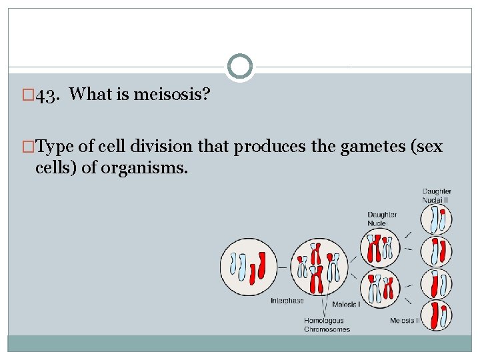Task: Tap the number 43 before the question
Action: point(46,95)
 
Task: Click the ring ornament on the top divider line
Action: point(240,67)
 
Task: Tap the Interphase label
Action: point(287,301)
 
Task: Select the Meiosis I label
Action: point(346,305)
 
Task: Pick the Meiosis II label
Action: point(405,320)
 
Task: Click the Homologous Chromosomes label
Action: point(327,324)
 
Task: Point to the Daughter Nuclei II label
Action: point(437,196)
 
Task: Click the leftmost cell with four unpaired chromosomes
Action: point(248,266)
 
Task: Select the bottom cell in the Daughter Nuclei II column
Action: point(437,316)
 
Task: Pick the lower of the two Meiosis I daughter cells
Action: point(381,289)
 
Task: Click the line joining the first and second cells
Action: point(283,267)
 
